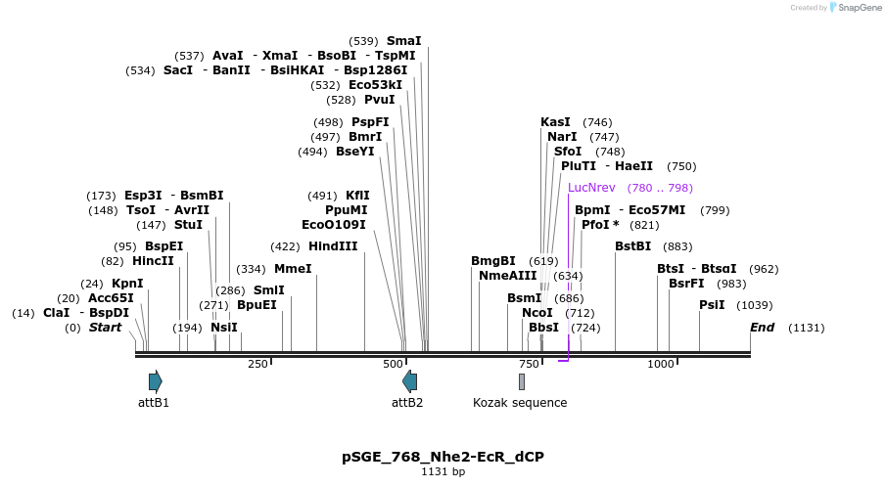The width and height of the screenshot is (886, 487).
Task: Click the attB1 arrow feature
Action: click(x=155, y=381)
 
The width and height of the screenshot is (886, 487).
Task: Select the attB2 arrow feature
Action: click(x=409, y=381)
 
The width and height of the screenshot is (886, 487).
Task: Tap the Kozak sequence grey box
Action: click(x=522, y=381)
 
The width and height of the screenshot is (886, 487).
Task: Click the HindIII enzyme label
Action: click(x=333, y=246)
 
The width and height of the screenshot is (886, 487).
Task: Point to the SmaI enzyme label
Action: click(x=404, y=41)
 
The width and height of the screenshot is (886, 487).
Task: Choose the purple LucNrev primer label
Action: click(x=591, y=188)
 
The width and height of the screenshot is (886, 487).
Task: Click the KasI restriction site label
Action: click(x=555, y=122)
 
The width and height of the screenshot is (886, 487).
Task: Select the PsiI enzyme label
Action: click(x=712, y=305)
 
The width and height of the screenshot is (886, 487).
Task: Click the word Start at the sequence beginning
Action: click(x=105, y=327)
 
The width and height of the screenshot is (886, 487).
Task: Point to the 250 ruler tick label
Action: click(x=257, y=364)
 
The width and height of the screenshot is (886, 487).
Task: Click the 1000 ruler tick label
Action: click(x=661, y=364)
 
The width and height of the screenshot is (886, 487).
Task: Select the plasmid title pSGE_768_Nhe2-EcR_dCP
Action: click(x=443, y=457)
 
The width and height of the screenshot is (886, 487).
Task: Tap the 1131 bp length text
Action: click(x=443, y=472)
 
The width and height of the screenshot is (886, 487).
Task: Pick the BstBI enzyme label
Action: click(x=632, y=246)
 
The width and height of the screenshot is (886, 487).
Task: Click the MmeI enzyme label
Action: click(x=293, y=269)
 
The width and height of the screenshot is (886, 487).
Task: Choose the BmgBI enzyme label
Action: click(x=492, y=261)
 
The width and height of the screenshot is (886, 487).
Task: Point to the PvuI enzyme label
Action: click(x=379, y=100)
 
